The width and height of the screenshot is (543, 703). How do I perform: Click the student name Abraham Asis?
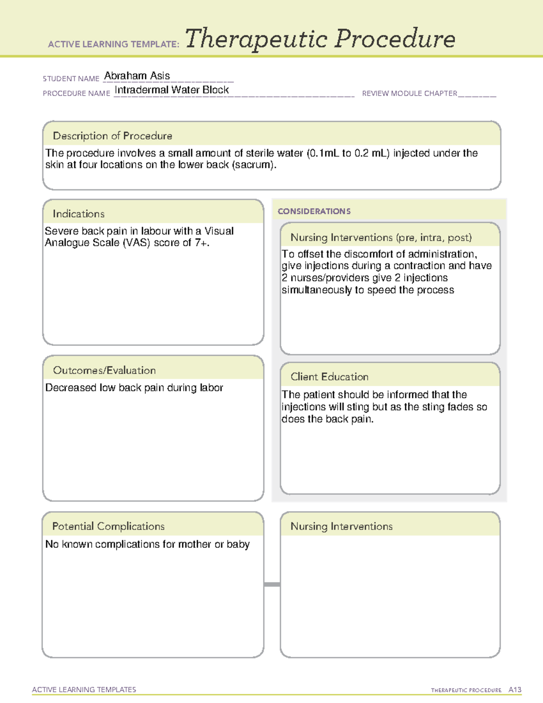[x=137, y=76]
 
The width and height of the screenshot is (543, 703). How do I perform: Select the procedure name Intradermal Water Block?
[x=171, y=90]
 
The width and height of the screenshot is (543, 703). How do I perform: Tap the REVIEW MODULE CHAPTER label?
[x=410, y=93]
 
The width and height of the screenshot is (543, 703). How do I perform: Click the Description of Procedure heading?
[x=112, y=136]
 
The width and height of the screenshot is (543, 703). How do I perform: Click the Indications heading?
[x=78, y=214]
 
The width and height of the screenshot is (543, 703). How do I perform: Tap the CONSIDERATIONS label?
[x=314, y=211]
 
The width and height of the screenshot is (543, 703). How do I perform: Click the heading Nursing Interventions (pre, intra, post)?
[x=381, y=238]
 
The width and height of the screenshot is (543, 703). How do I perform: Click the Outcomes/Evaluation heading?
[x=104, y=370]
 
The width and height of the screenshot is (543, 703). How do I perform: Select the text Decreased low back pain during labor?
[x=134, y=388]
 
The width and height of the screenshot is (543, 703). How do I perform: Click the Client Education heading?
[x=329, y=377]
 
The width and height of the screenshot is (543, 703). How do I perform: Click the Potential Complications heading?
[x=108, y=526]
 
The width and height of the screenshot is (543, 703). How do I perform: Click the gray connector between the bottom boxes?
[x=272, y=584]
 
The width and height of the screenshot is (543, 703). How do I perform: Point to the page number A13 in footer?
[x=515, y=690]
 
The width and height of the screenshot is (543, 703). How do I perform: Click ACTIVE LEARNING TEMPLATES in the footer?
[x=84, y=689]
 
